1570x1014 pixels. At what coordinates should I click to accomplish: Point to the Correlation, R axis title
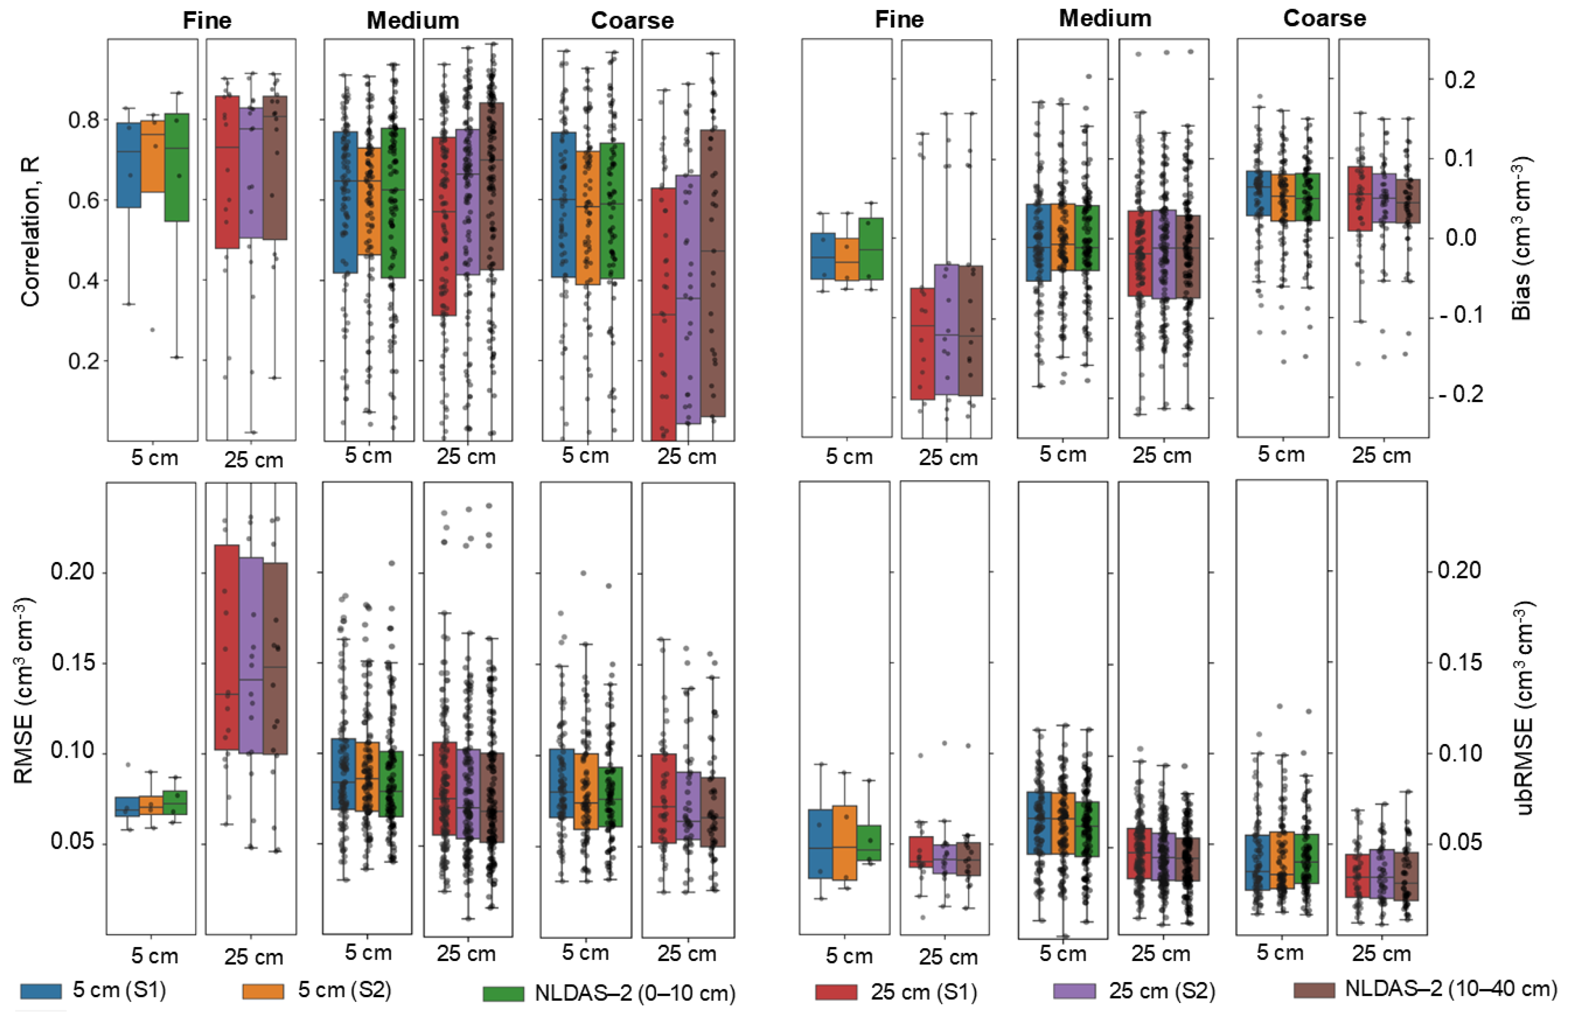pos(30,231)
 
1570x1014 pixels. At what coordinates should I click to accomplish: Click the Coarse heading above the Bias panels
pos(1324,19)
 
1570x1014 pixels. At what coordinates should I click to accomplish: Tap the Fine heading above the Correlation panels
pos(207,21)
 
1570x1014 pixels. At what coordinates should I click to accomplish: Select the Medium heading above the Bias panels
pos(1105,19)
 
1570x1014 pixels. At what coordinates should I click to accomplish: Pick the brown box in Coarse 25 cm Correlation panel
pos(713,273)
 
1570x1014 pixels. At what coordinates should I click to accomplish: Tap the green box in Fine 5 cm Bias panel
pos(870,249)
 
